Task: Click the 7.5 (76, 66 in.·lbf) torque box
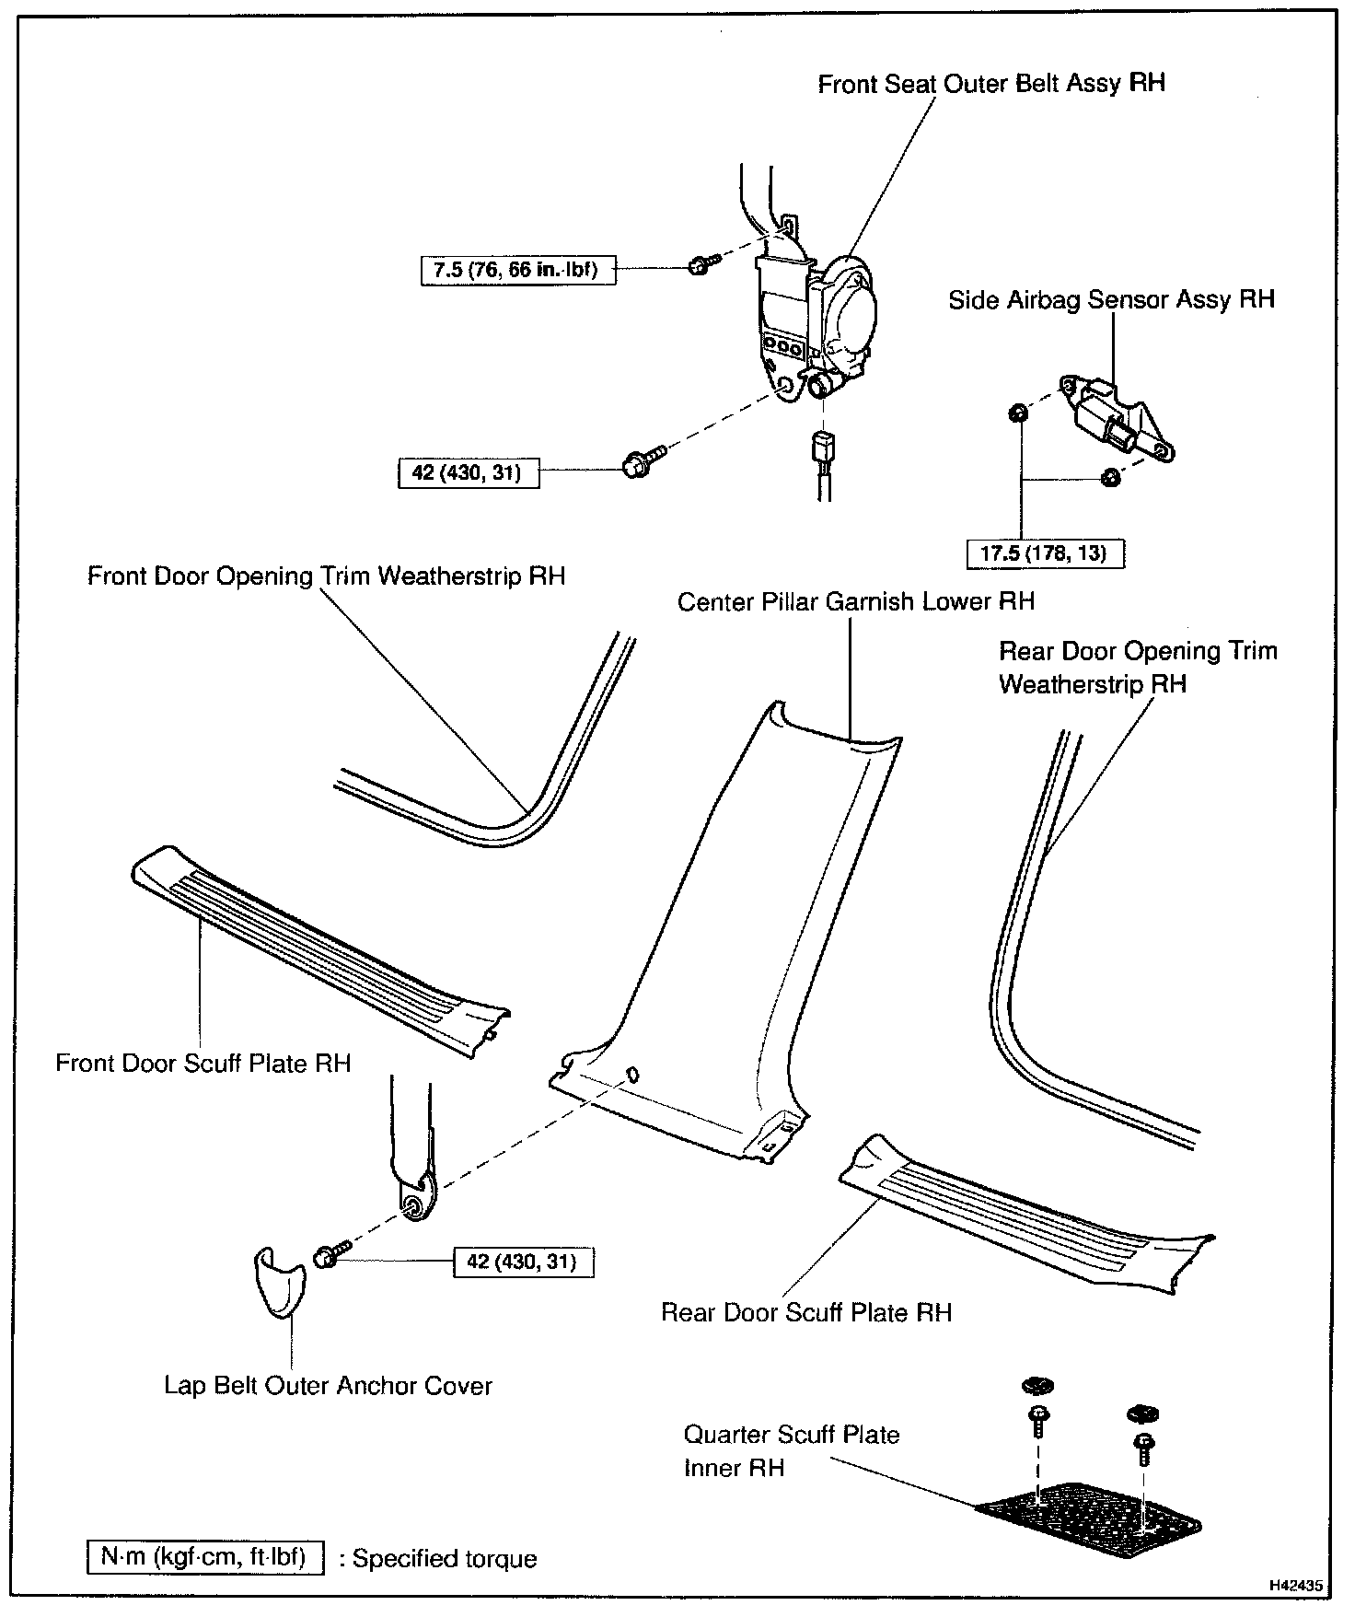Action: click(x=517, y=271)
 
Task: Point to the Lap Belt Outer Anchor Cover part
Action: click(x=278, y=1281)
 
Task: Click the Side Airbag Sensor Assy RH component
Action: click(x=1115, y=418)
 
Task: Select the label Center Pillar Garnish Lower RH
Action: click(x=855, y=602)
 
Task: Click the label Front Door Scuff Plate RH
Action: click(x=203, y=1064)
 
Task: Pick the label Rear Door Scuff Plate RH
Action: click(x=806, y=1312)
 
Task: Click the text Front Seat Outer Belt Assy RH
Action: click(x=991, y=84)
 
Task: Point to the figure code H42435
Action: click(x=1296, y=1586)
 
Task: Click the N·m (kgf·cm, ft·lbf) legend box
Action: click(x=205, y=1557)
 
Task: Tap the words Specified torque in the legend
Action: click(x=445, y=1559)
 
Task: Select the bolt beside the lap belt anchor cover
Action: click(x=330, y=1257)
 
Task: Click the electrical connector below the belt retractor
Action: click(x=822, y=449)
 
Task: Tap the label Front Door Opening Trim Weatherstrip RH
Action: click(x=326, y=576)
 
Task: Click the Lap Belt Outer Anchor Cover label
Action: click(x=328, y=1386)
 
